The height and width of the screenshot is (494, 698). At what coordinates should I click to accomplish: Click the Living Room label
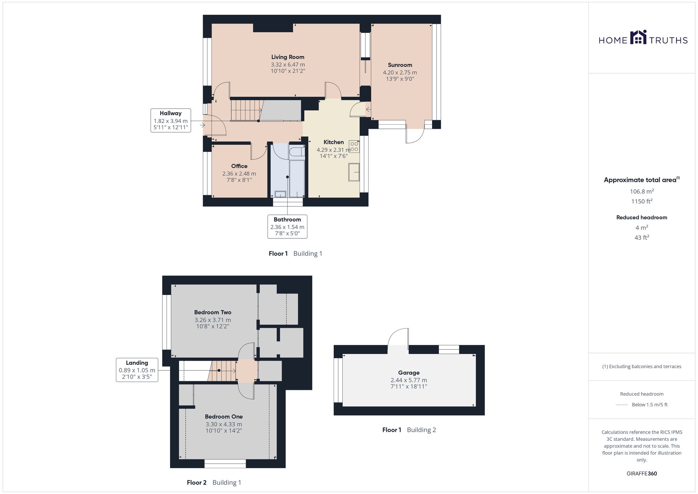(x=288, y=57)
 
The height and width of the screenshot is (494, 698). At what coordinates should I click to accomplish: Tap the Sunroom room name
(x=400, y=65)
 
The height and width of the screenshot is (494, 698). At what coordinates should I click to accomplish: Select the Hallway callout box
(x=171, y=120)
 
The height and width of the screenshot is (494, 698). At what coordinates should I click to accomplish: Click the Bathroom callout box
(x=287, y=227)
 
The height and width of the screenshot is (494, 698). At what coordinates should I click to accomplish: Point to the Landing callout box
(x=137, y=370)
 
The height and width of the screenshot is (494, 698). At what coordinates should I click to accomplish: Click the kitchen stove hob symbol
(x=354, y=147)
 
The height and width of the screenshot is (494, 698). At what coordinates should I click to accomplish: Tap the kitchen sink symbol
(x=354, y=172)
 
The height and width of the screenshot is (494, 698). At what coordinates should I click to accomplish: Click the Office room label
(x=239, y=166)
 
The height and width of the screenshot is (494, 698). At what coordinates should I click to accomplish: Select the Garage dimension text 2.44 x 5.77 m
(x=409, y=380)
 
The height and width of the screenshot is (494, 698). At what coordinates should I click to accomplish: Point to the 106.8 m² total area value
(x=641, y=191)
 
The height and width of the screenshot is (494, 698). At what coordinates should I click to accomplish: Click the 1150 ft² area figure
(x=641, y=201)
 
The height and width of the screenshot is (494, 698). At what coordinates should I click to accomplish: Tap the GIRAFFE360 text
(x=641, y=473)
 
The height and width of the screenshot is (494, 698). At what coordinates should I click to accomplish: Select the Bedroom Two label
(x=213, y=312)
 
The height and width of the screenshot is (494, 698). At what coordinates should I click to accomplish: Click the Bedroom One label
(x=224, y=416)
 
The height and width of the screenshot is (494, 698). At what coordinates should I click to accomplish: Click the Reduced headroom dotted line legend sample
(x=622, y=405)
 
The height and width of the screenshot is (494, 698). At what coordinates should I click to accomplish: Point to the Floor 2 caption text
(x=196, y=482)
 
